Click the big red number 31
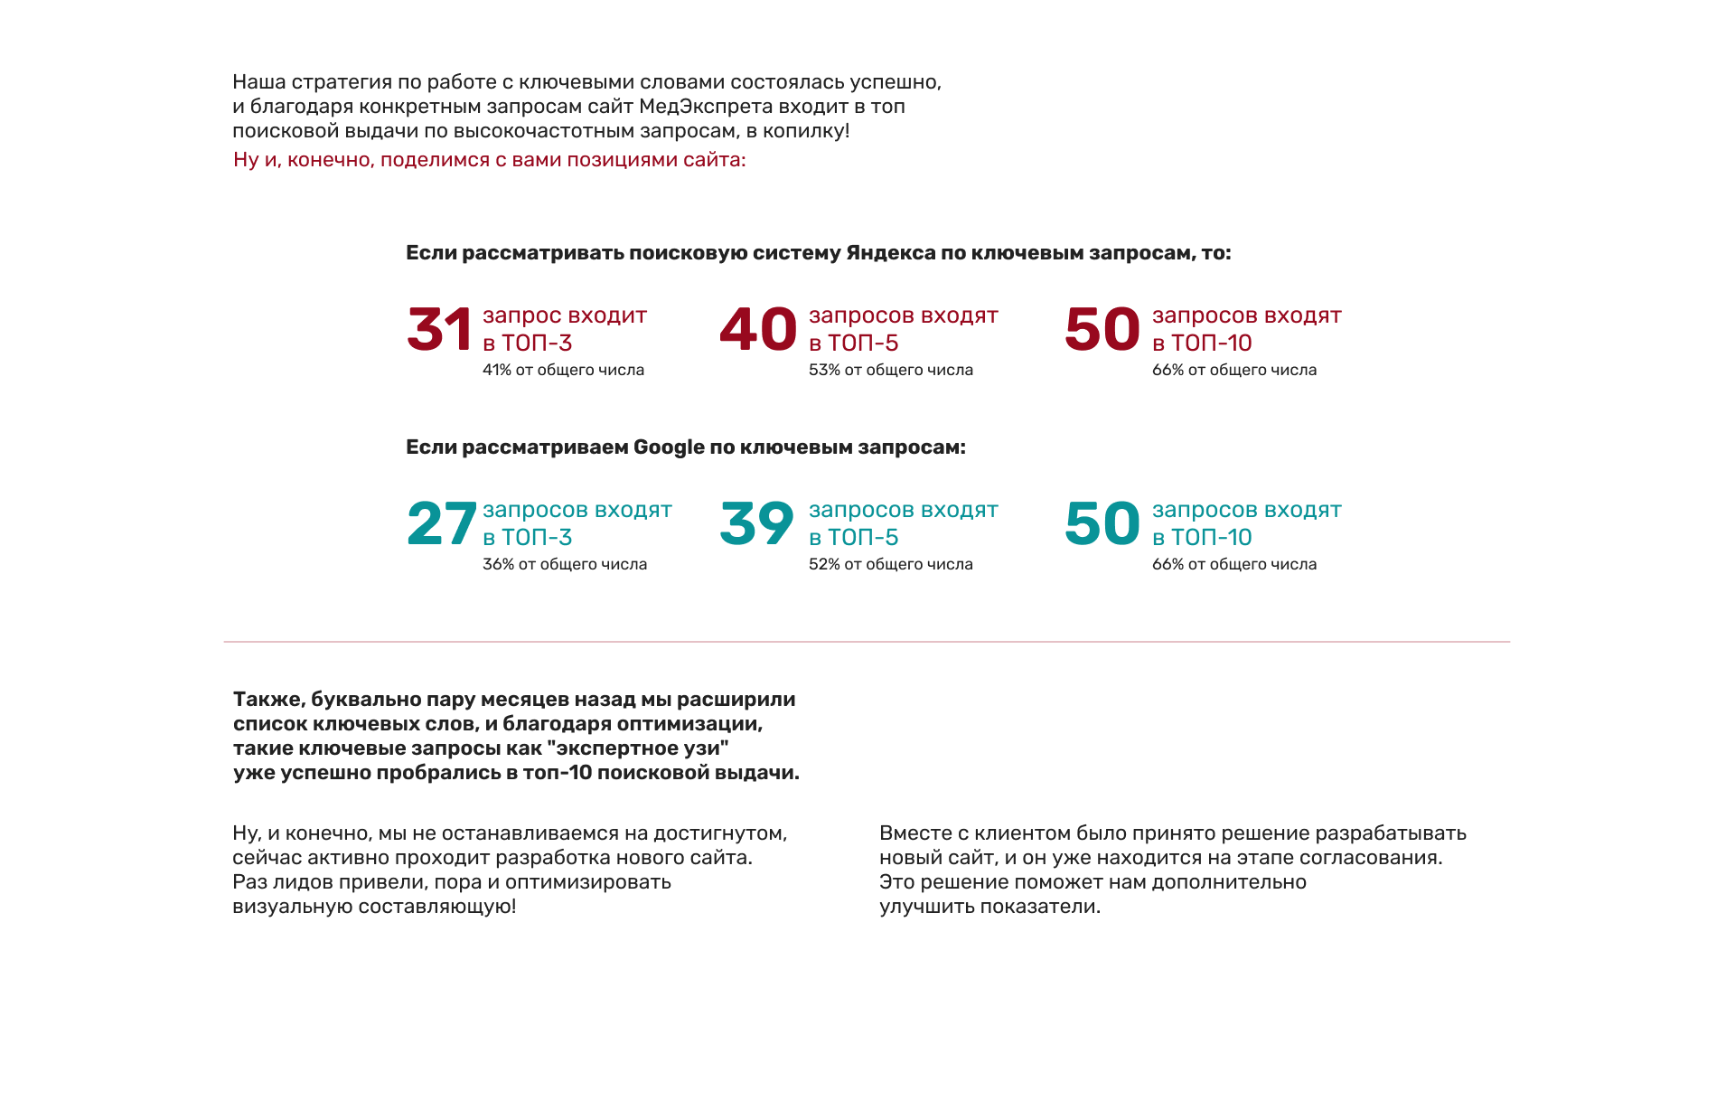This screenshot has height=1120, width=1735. tap(439, 329)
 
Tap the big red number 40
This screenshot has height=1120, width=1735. tap(758, 329)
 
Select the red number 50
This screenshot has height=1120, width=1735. tap(1102, 329)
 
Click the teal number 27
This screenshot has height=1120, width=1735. tap(442, 523)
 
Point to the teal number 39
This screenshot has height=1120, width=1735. tap(757, 523)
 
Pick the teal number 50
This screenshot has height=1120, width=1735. tap(1102, 523)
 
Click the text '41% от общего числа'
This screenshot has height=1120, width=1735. tap(563, 370)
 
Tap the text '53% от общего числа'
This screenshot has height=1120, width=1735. tap(890, 370)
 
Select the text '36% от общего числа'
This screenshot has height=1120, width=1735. tap(564, 564)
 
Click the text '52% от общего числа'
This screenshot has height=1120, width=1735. tap(890, 564)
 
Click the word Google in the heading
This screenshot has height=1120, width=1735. tap(669, 447)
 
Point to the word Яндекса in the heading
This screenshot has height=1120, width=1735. tap(890, 253)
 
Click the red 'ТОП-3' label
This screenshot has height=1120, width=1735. tap(537, 344)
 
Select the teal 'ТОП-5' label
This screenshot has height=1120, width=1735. tap(863, 538)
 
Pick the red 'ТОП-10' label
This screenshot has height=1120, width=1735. tap(1212, 344)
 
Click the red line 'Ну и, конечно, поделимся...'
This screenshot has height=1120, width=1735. tap(489, 160)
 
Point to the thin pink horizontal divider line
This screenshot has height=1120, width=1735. tap(867, 642)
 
